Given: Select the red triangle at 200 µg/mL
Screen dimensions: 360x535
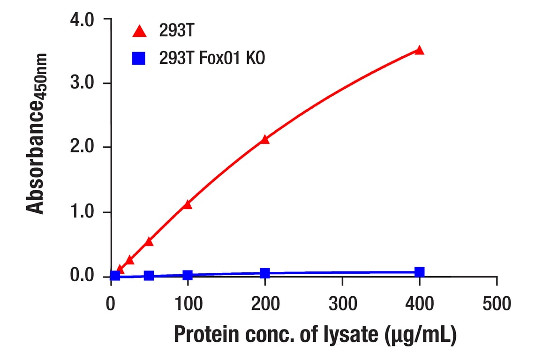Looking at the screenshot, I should [265, 140].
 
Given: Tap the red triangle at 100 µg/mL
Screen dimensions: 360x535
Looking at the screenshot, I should [188, 205].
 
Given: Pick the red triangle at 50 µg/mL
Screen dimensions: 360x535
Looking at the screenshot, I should [149, 241].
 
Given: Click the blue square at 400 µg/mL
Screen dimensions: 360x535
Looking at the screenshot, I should [419, 272].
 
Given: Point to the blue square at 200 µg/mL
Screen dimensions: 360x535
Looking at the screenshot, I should [265, 273].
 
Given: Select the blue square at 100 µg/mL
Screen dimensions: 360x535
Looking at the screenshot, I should [188, 275].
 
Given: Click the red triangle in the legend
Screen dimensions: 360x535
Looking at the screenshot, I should [139, 32].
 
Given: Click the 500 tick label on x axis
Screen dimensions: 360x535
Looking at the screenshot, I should [496, 304].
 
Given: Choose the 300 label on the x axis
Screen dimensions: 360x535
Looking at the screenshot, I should [342, 304].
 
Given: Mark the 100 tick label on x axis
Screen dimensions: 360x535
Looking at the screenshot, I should [188, 304].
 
